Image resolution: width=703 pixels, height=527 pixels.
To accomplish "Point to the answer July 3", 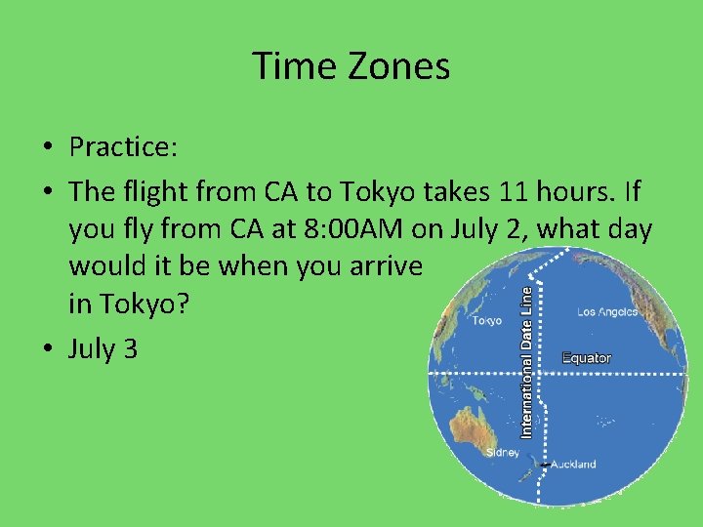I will point(103,348).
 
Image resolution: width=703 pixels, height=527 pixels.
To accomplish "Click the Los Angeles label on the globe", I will point(606,312).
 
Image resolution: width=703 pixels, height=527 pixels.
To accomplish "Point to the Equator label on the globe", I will point(587,358).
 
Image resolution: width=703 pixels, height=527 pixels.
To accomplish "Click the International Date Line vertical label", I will point(527,361).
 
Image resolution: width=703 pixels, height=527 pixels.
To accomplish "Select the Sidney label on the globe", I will point(503,453).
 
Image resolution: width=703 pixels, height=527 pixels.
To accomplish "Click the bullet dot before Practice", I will point(47,148).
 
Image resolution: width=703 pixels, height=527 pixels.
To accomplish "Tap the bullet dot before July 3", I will point(47,349).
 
